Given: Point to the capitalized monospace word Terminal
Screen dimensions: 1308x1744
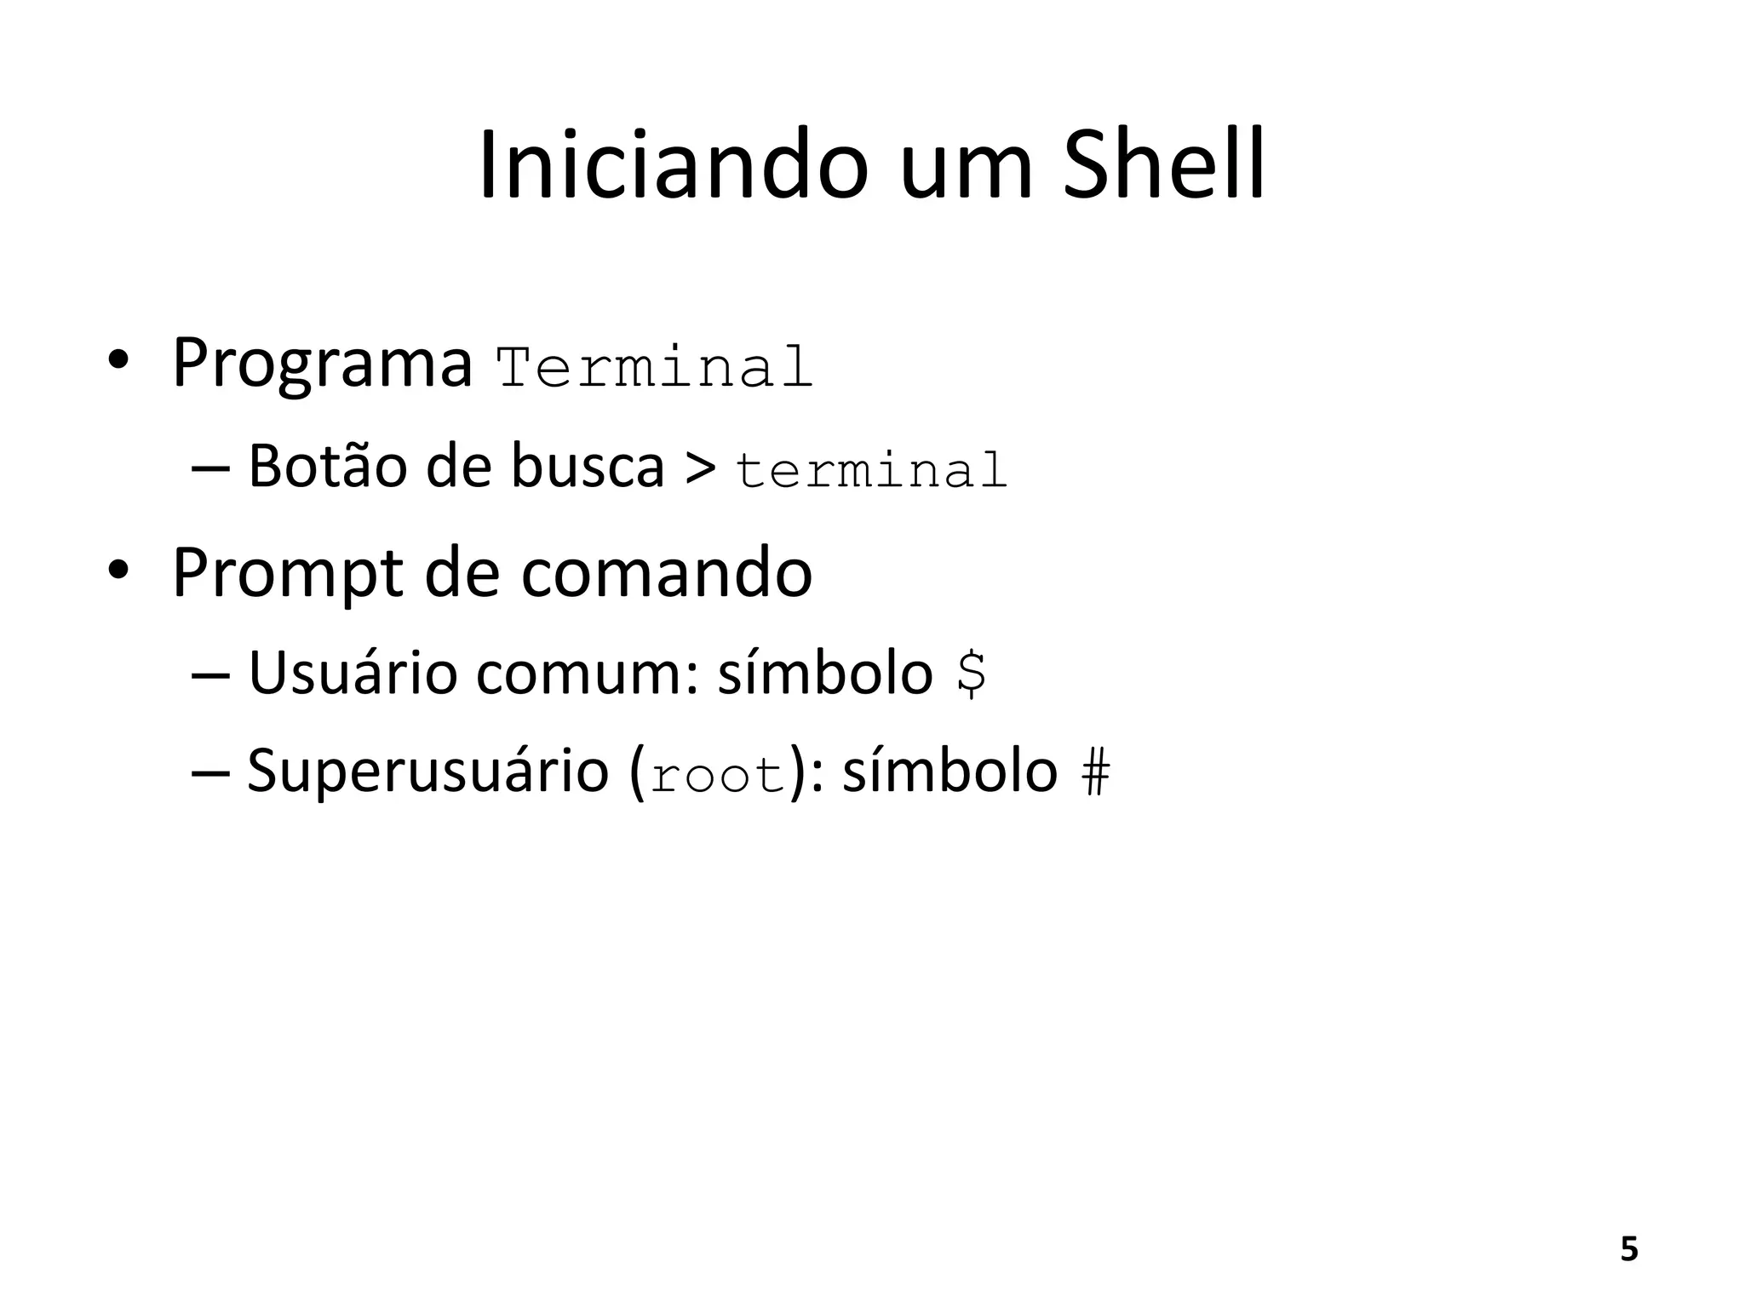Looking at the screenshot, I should click(654, 368).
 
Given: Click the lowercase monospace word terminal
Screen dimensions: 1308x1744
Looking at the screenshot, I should click(871, 470).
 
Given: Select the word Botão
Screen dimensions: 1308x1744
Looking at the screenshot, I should click(328, 467).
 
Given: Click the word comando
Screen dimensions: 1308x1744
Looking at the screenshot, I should click(666, 573).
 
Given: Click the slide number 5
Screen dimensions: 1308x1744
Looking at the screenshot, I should click(1628, 1249).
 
